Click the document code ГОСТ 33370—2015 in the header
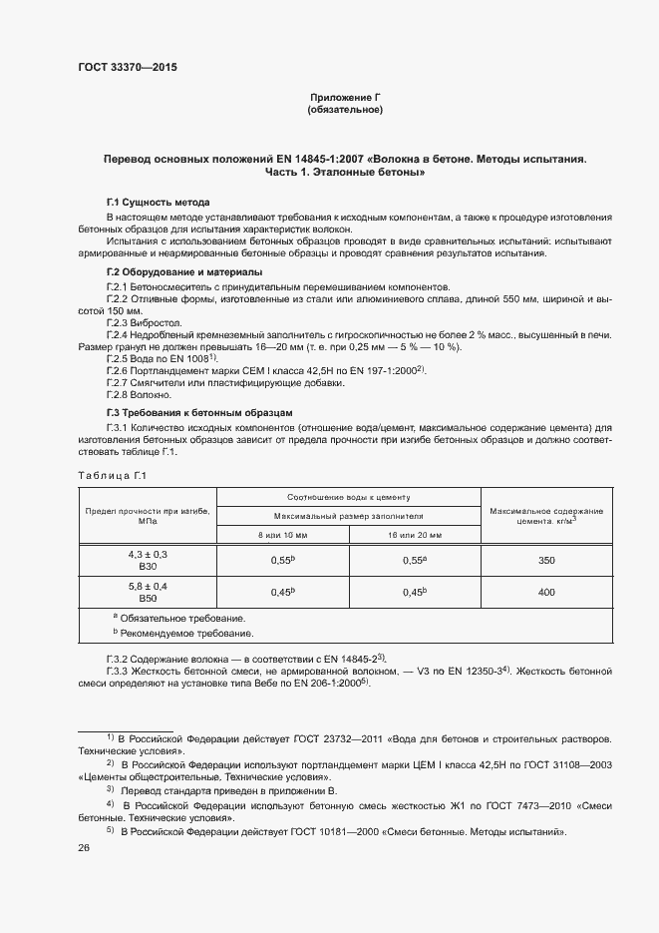tap(127, 68)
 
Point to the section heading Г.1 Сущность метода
tap(158, 202)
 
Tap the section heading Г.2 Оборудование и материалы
tap(184, 272)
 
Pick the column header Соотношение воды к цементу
tap(349, 496)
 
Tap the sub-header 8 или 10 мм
tap(283, 535)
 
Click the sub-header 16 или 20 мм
tap(415, 535)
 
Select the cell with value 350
tap(546, 561)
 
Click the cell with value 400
tap(546, 592)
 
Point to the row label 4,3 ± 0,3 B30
tap(148, 560)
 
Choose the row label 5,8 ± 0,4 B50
tap(148, 591)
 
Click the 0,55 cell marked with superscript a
tap(415, 561)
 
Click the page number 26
tap(84, 847)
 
